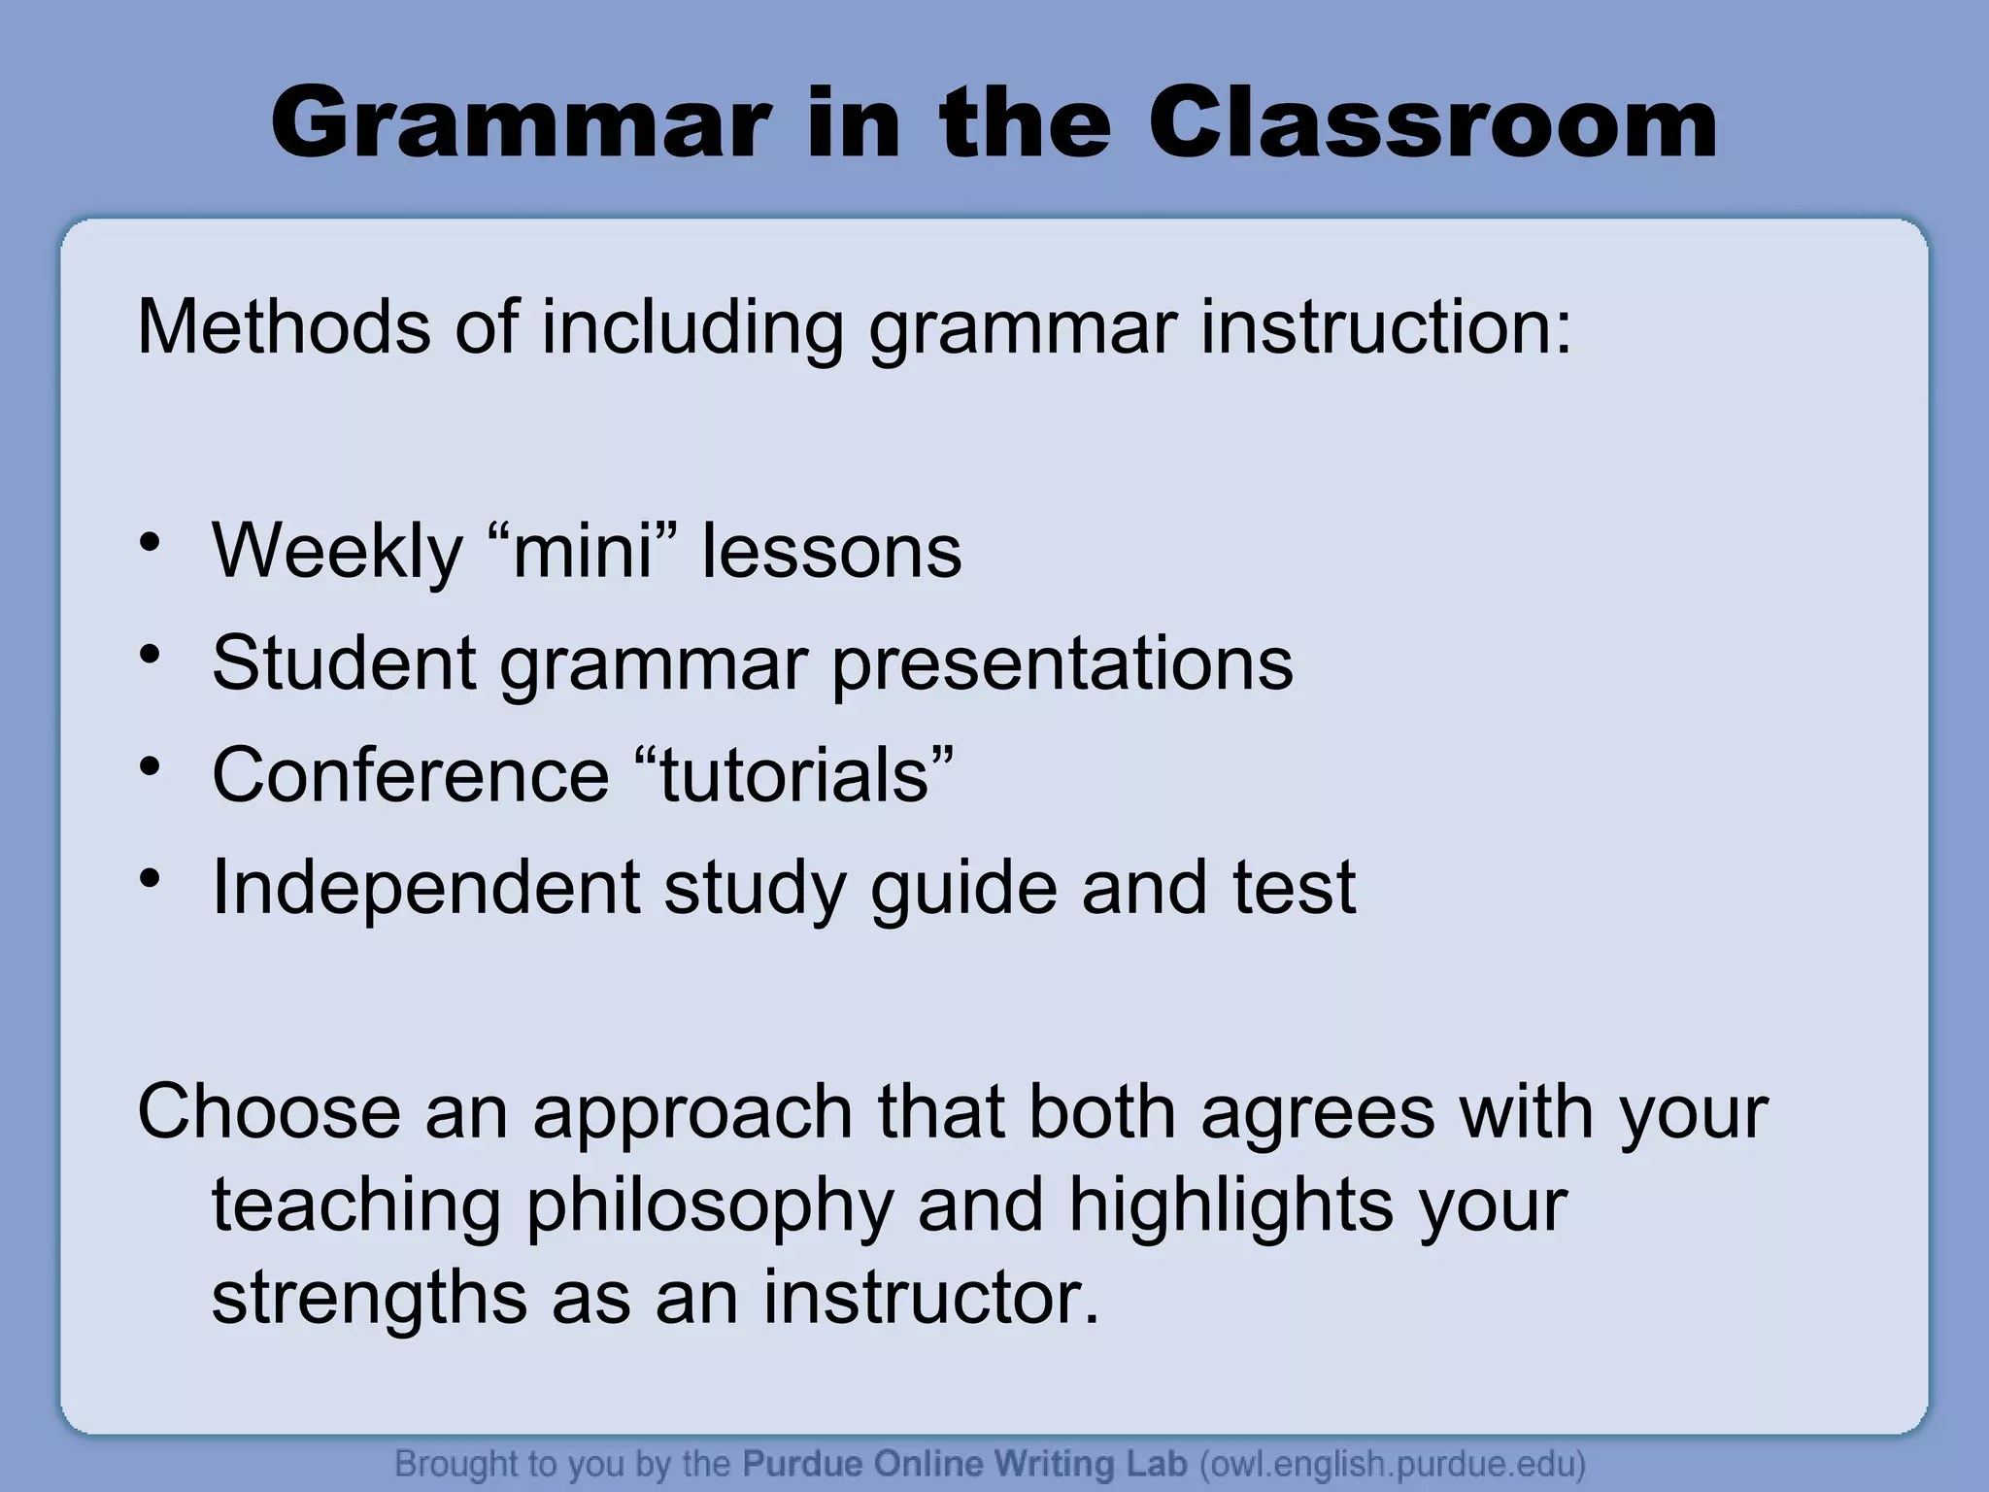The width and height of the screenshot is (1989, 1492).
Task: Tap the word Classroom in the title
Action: coord(1433,124)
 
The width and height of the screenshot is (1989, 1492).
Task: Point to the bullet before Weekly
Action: coord(149,543)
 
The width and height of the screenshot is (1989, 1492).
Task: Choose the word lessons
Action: coord(831,552)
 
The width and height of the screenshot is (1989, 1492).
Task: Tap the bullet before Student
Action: coord(149,655)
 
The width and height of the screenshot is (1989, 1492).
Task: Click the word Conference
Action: coord(410,775)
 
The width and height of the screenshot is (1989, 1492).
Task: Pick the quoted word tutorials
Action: coord(794,775)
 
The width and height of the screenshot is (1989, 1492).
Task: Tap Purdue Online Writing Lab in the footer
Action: coord(964,1464)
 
